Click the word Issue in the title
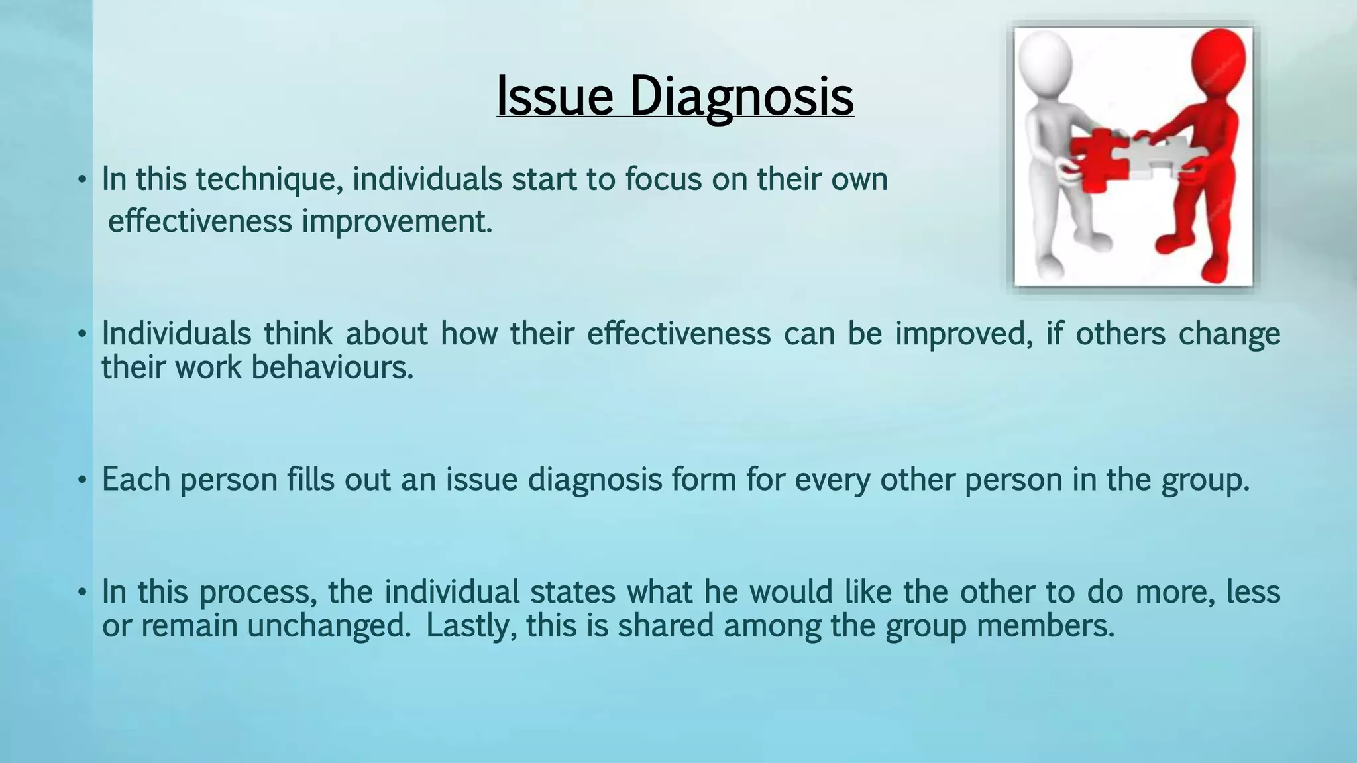(x=555, y=96)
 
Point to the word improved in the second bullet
(x=963, y=333)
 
